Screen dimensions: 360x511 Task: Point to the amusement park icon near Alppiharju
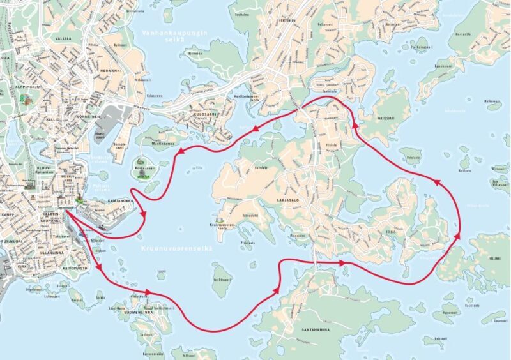pos(26,100)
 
